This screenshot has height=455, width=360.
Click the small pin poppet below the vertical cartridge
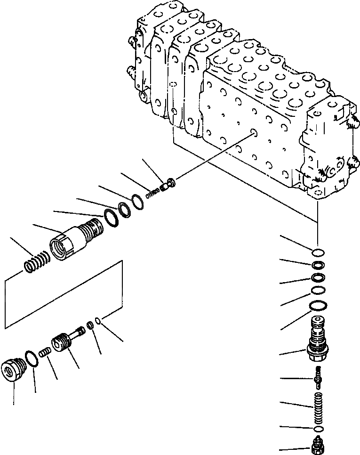(x=318, y=376)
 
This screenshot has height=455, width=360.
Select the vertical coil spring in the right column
(x=318, y=402)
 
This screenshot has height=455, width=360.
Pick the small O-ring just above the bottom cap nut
(x=318, y=428)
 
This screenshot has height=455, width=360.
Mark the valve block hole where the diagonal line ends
(x=254, y=134)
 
